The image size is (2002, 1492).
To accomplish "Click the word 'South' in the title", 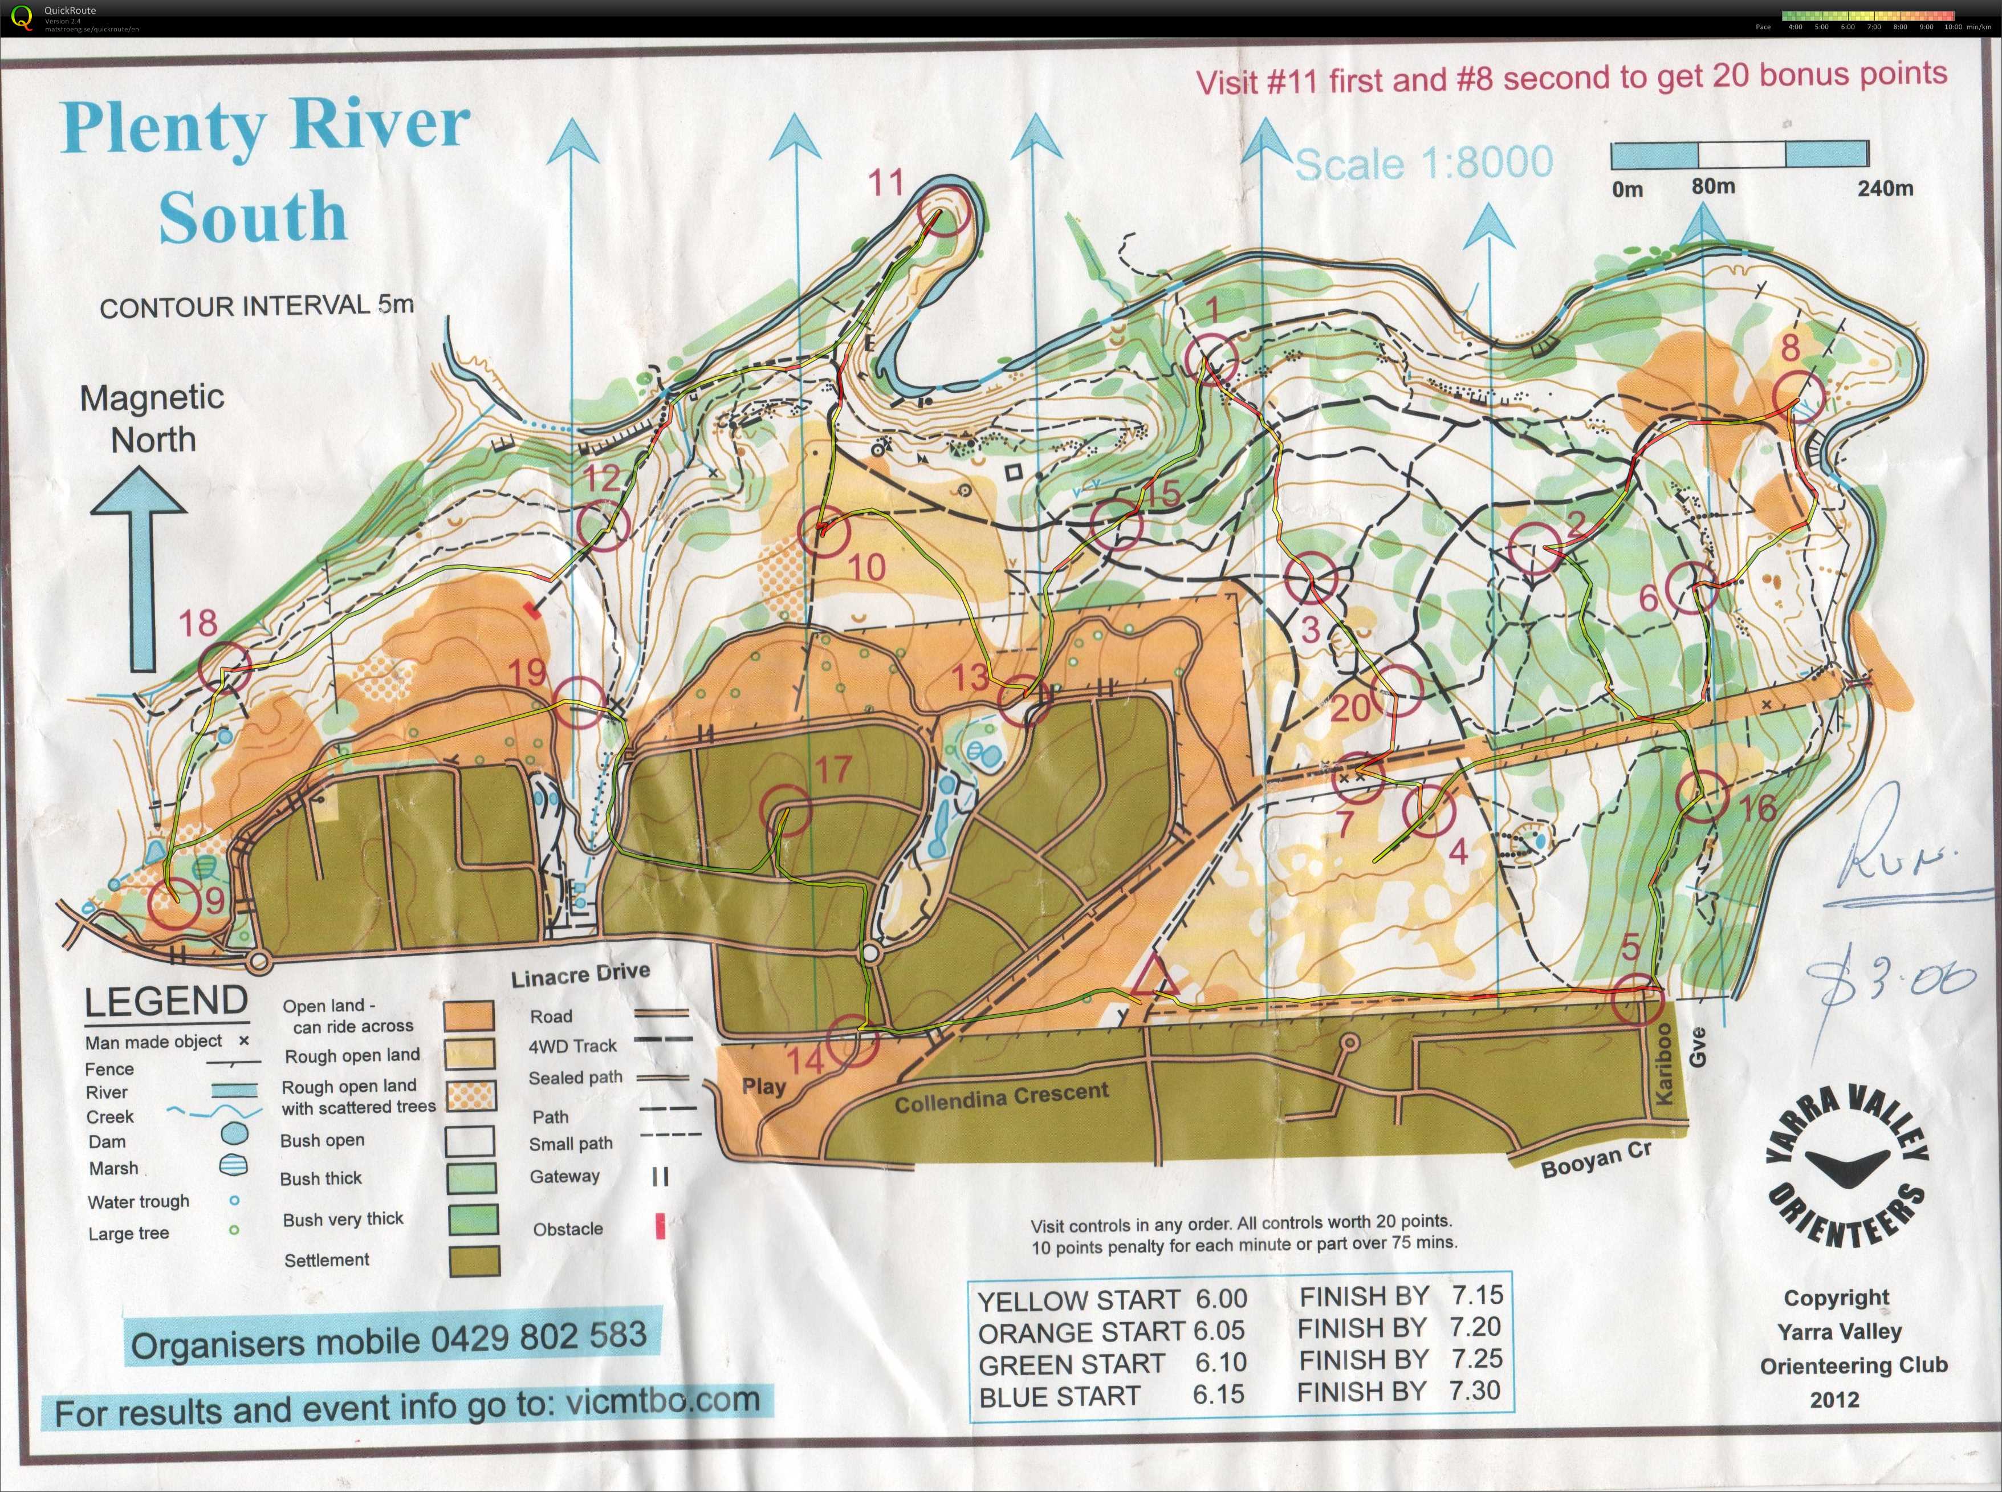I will [x=253, y=217].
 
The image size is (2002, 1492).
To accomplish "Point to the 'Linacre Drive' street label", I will [x=580, y=974].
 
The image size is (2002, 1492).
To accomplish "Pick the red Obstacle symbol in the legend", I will [x=660, y=1227].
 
